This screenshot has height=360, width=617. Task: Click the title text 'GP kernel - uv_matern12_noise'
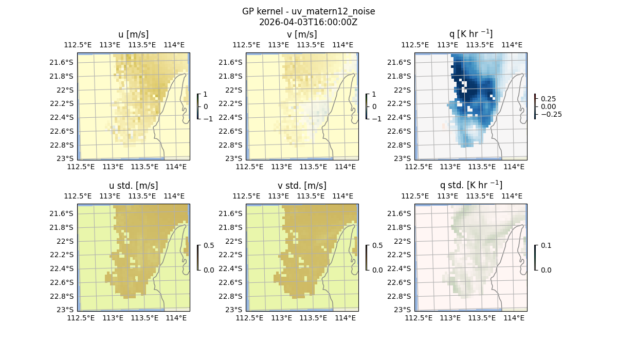click(x=308, y=11)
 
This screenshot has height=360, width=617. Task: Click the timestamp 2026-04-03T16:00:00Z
click(x=308, y=22)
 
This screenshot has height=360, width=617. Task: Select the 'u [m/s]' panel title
click(x=134, y=34)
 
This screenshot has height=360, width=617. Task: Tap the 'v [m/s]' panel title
click(x=302, y=34)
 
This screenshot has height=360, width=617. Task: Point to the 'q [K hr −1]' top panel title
click(x=470, y=34)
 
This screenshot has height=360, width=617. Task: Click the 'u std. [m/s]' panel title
click(x=134, y=186)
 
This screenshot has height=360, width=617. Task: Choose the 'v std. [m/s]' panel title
click(x=302, y=186)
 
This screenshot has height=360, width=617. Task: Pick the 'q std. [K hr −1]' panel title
click(x=470, y=185)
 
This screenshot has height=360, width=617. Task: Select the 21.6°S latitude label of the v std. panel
click(x=233, y=213)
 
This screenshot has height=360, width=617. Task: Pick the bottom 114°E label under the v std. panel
click(x=346, y=318)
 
